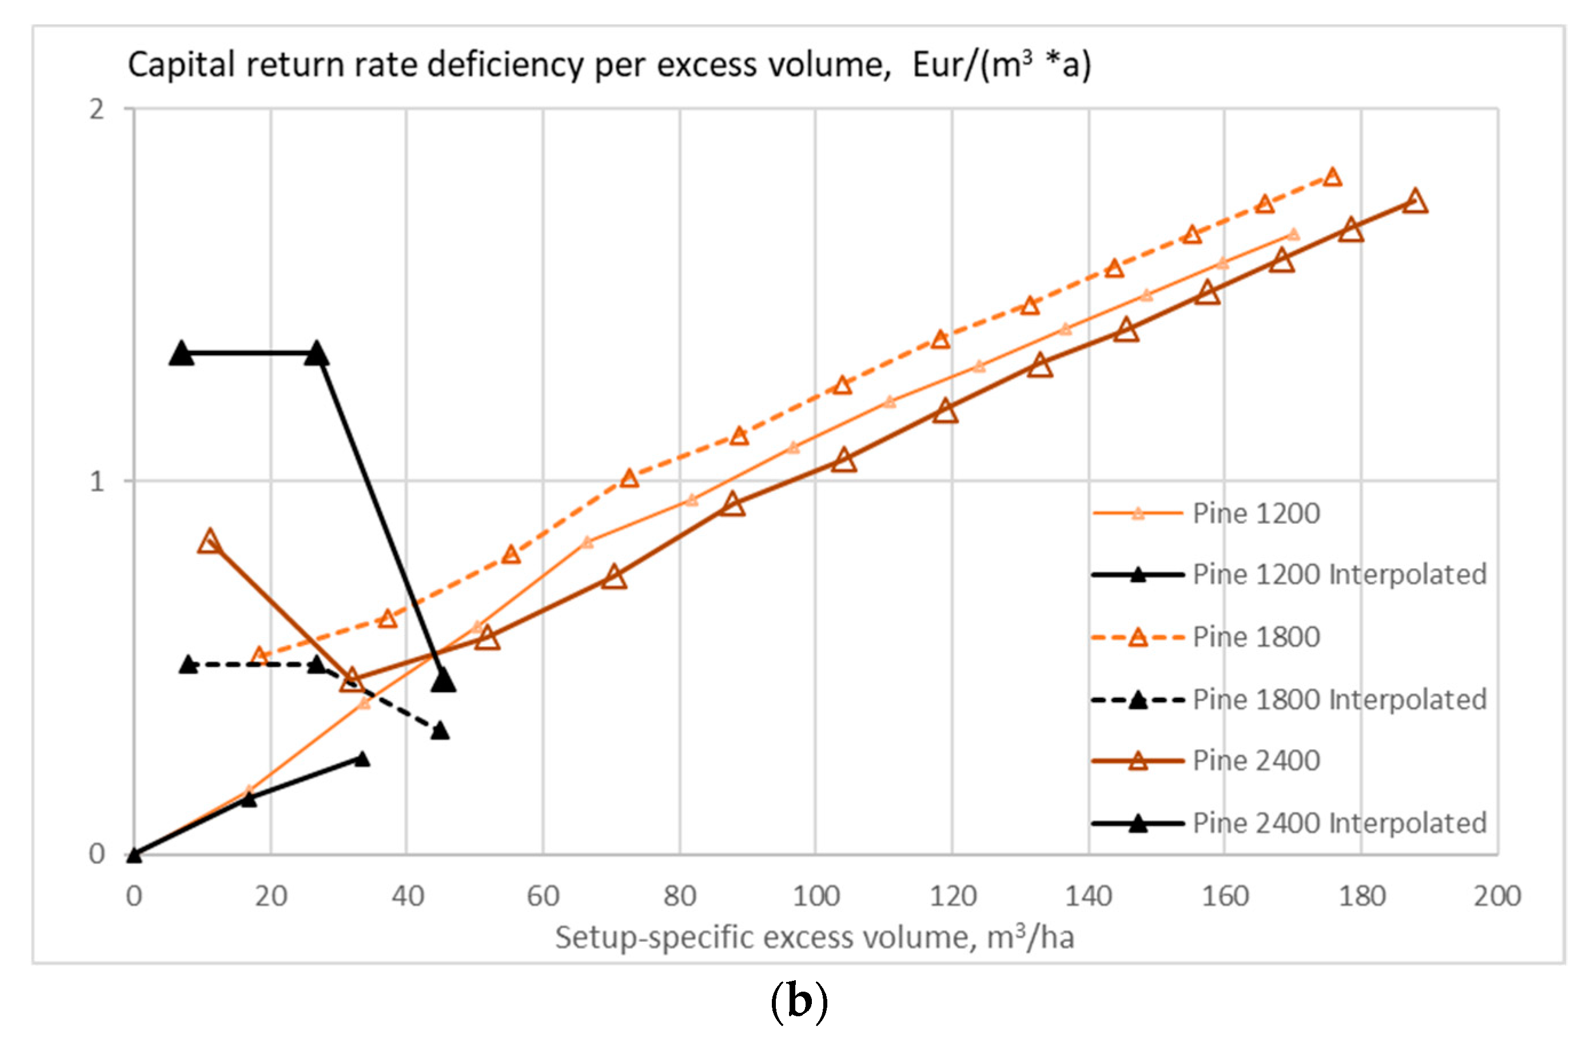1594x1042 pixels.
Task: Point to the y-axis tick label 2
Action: tap(97, 109)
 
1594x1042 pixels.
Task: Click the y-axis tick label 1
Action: tap(97, 481)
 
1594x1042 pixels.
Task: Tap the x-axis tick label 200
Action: tap(1497, 897)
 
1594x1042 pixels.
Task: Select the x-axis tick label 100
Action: tap(816, 897)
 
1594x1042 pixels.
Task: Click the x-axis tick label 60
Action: tap(543, 897)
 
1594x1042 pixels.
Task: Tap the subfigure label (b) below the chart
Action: tap(799, 1002)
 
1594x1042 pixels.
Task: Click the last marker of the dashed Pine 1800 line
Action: tap(1332, 177)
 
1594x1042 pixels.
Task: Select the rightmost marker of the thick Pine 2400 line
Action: tap(1415, 201)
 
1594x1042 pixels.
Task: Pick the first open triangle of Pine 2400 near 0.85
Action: tap(210, 542)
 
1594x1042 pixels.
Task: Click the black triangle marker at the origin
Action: tap(134, 855)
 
